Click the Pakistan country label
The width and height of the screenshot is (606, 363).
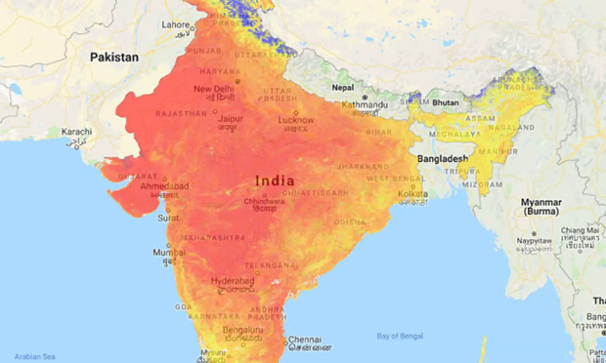tap(114, 57)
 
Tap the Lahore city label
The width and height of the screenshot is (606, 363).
tap(175, 25)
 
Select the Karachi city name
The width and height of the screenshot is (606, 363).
tap(76, 132)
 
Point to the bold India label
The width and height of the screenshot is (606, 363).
tap(275, 181)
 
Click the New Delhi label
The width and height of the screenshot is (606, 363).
tap(214, 89)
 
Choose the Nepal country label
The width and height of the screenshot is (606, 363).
tap(343, 88)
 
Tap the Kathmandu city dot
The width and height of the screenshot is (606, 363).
tap(365, 97)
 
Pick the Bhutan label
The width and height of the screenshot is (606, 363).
tap(446, 103)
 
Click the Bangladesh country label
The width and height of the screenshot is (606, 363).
tap(443, 159)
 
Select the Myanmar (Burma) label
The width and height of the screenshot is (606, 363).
tap(541, 207)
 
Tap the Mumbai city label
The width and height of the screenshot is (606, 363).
tap(169, 253)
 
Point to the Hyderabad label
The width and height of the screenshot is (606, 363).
tap(232, 281)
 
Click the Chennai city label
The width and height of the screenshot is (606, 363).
tap(305, 340)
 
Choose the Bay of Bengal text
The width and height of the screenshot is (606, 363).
tap(400, 336)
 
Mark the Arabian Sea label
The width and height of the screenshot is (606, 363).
tap(35, 357)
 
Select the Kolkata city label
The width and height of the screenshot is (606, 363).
tap(412, 194)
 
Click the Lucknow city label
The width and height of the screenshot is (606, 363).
tap(296, 120)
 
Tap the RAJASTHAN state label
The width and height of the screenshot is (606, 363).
tap(181, 114)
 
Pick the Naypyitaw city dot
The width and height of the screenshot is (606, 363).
tap(534, 234)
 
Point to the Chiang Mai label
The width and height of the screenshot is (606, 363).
tap(579, 230)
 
